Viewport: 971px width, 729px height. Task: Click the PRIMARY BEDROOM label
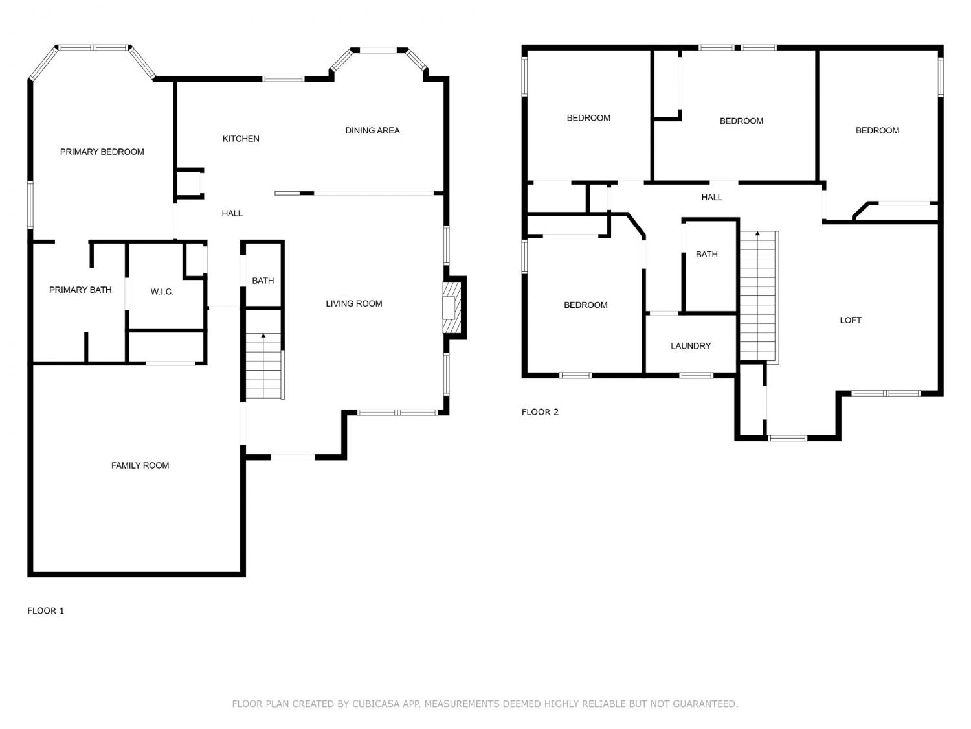click(x=102, y=152)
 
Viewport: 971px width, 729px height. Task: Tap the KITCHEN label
click(x=241, y=139)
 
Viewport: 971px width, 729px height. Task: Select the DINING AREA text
click(x=372, y=130)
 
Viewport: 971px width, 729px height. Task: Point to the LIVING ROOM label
click(x=354, y=303)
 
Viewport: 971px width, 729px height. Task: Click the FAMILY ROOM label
click(x=140, y=465)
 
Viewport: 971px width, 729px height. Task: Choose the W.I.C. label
click(x=162, y=292)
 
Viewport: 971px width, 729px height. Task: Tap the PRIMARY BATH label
click(x=80, y=290)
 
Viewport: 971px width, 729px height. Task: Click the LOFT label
click(x=850, y=320)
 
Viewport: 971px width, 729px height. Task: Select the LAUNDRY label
click(x=691, y=345)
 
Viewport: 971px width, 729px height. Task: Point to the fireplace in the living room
click(x=452, y=308)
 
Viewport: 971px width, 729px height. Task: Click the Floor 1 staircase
click(x=264, y=365)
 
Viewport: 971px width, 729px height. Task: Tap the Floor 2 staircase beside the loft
click(x=759, y=296)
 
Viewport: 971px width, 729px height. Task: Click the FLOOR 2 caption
click(x=540, y=411)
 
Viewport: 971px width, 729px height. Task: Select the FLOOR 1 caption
click(x=45, y=610)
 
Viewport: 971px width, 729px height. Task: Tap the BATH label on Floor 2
click(x=706, y=254)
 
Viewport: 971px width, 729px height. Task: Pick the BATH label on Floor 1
click(x=263, y=281)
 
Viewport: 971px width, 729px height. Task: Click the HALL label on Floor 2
click(x=711, y=197)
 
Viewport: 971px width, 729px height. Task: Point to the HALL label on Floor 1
click(x=232, y=213)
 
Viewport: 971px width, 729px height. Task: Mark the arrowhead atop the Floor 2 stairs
click(x=757, y=233)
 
